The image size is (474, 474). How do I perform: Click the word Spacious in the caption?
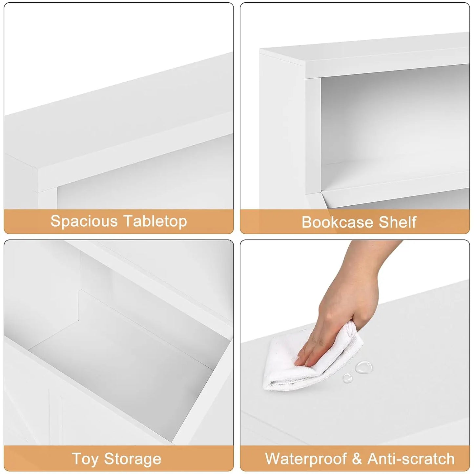click(x=84, y=221)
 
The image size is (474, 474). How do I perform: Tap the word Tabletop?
click(x=155, y=221)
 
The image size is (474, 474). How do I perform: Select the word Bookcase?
click(x=340, y=222)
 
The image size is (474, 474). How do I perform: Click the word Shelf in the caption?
click(x=397, y=222)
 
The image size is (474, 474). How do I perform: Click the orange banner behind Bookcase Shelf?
click(x=355, y=222)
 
